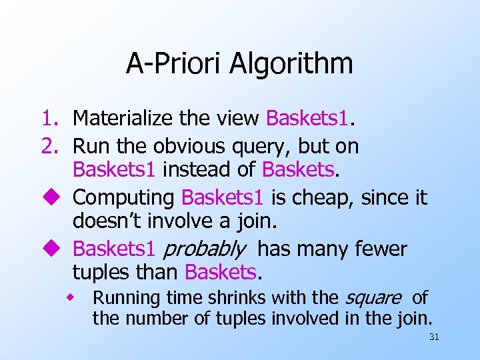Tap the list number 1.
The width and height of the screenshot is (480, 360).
coord(49,119)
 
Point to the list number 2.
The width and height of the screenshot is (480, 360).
coord(49,146)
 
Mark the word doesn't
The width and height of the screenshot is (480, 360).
coord(107,222)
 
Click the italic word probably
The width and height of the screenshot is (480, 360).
coord(204,250)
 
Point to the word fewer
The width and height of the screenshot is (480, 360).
coord(379,249)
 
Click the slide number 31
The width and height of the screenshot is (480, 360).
coord(434,337)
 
